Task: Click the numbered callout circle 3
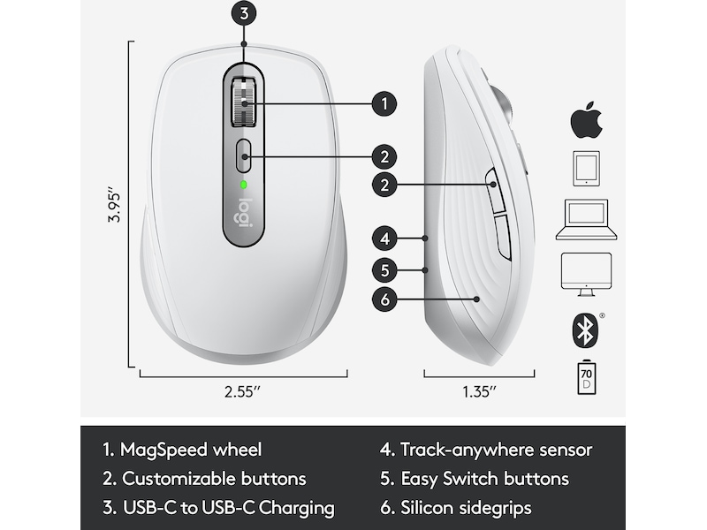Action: click(244, 13)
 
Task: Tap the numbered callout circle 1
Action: click(384, 103)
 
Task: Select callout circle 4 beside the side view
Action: click(384, 238)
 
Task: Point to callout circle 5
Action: click(384, 270)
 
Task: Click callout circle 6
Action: click(384, 299)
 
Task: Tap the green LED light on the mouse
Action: click(244, 185)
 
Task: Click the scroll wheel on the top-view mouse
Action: click(244, 102)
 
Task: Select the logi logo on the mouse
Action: click(244, 213)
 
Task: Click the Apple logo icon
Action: click(586, 120)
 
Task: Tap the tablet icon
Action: click(586, 169)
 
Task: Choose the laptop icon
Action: click(586, 219)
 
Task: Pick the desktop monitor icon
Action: click(586, 274)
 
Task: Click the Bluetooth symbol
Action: click(585, 330)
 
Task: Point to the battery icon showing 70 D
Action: click(586, 377)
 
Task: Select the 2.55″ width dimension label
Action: click(242, 391)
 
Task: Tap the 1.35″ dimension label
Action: click(479, 391)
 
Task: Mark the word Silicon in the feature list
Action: click(427, 507)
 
